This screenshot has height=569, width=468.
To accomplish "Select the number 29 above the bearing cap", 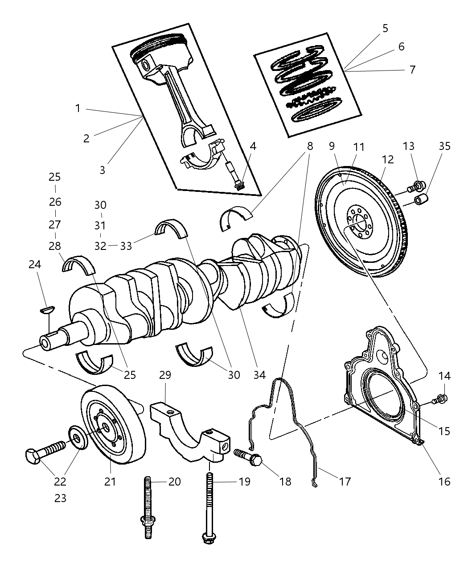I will point(165,375).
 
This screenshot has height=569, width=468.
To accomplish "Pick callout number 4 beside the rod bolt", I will point(253,146).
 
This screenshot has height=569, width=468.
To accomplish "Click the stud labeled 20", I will point(148,509).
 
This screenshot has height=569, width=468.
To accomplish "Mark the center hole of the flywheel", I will point(359,219).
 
